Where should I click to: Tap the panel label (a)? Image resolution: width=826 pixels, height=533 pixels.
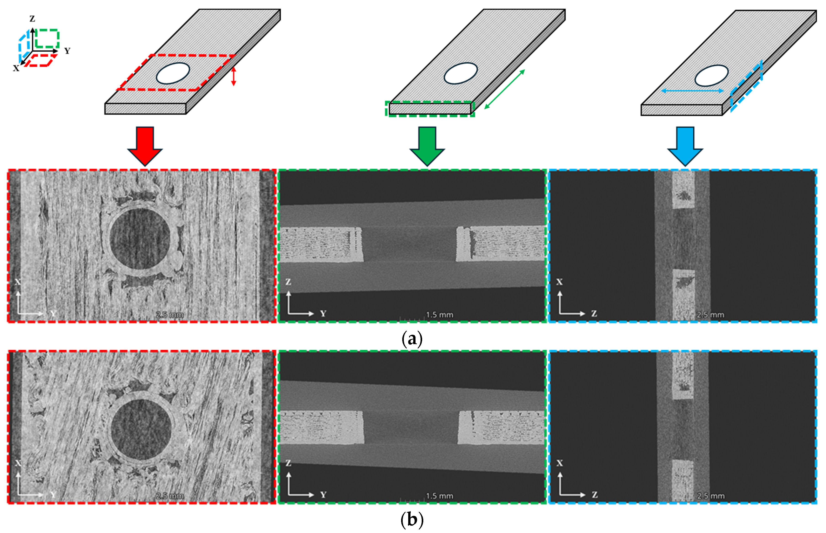tap(412, 338)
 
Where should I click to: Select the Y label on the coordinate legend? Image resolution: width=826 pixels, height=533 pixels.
tap(67, 51)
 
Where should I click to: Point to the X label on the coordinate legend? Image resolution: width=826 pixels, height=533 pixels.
tap(16, 68)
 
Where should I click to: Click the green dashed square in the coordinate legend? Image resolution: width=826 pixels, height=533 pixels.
tap(47, 38)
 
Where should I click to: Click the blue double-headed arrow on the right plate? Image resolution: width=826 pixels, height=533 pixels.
tap(692, 91)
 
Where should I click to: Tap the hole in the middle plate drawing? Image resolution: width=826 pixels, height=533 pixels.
tap(461, 73)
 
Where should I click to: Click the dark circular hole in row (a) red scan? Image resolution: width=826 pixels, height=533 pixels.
tap(140, 239)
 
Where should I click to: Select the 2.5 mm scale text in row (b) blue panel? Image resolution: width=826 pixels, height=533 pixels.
tap(711, 496)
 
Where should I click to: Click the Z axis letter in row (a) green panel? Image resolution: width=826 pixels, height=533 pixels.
tap(288, 282)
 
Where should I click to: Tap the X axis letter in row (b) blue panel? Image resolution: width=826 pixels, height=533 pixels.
tap(559, 463)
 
